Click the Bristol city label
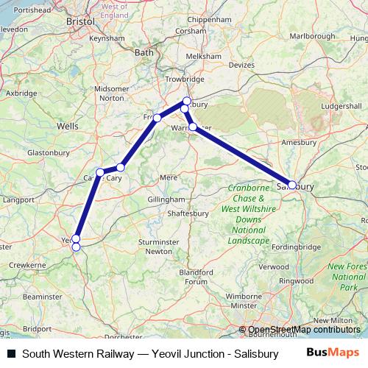79,22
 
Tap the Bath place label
144,52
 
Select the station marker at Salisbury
292,185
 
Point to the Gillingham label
166,199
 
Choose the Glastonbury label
48,152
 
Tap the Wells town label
67,127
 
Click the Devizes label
241,65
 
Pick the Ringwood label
297,280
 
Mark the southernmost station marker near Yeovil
76,247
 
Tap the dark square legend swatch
12,354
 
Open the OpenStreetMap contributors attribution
303,330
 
